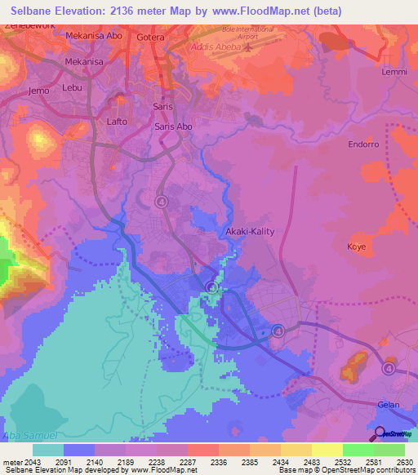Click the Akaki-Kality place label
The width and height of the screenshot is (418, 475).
(250, 231)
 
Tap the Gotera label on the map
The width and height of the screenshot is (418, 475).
(151, 38)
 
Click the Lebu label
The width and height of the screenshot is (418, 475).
(73, 87)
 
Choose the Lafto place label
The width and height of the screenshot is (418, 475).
(117, 122)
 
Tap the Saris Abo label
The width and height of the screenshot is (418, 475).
(173, 127)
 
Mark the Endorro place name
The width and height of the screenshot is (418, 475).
(363, 144)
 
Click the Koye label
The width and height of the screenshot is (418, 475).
(357, 246)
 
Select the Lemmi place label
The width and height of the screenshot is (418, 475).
(394, 72)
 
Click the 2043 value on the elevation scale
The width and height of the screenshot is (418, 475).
(35, 462)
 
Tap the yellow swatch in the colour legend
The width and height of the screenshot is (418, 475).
(327, 450)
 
